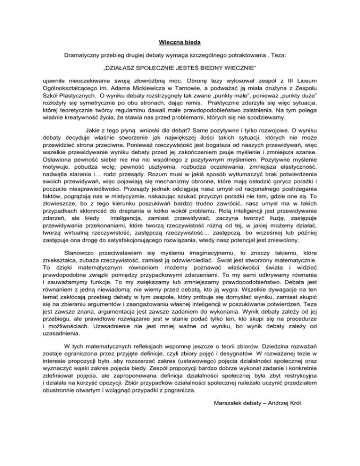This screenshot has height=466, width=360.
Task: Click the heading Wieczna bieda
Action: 180,43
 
